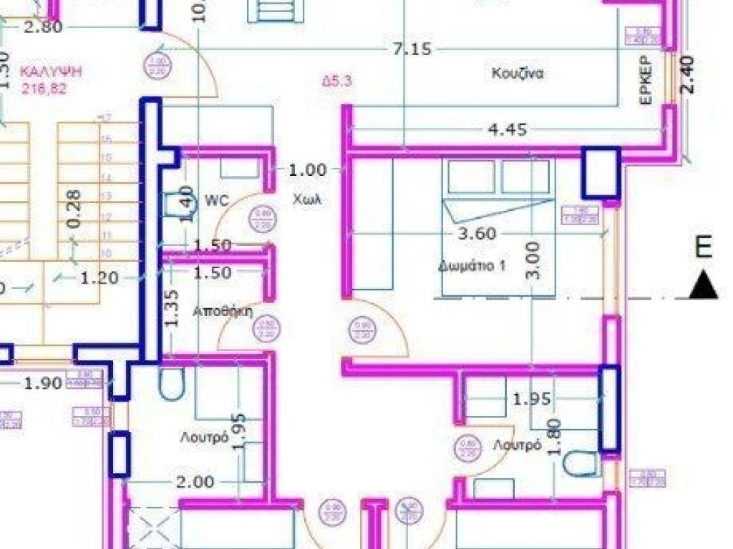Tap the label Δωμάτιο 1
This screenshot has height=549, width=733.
(x=472, y=266)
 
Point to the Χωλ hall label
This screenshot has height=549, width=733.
(x=306, y=199)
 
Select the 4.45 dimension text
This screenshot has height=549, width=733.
(x=507, y=129)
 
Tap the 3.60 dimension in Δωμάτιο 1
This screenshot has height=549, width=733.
(x=476, y=233)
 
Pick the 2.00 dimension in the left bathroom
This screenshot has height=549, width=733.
(x=195, y=482)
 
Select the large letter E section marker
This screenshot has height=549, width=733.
(x=704, y=247)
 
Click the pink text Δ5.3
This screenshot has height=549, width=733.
(x=336, y=81)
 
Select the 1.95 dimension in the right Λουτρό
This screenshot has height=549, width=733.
(x=531, y=399)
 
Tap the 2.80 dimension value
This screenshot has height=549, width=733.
(x=43, y=27)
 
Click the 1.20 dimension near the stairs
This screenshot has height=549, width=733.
(x=99, y=278)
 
